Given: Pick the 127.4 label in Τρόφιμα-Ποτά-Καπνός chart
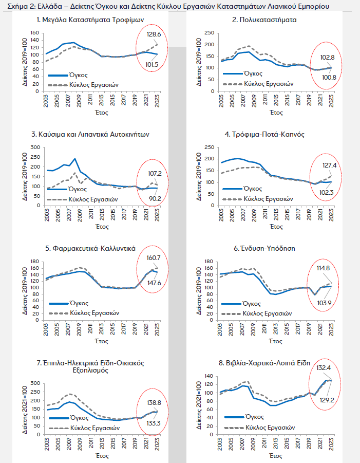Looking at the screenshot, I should pyautogui.click(x=330, y=165).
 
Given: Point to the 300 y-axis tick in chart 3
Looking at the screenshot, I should pyautogui.click(x=35, y=147).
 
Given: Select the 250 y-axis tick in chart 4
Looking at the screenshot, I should pyautogui.click(x=210, y=147).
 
